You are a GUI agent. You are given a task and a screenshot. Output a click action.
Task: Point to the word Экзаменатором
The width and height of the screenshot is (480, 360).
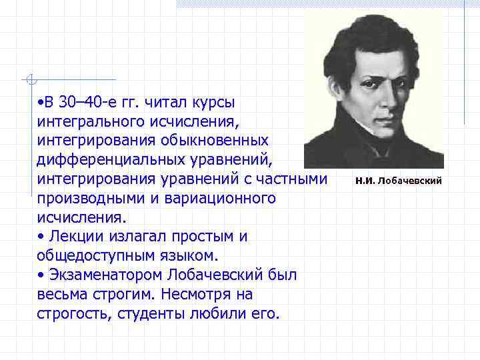(105, 275)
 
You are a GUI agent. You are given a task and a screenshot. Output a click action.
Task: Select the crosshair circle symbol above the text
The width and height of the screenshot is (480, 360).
(29, 80)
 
